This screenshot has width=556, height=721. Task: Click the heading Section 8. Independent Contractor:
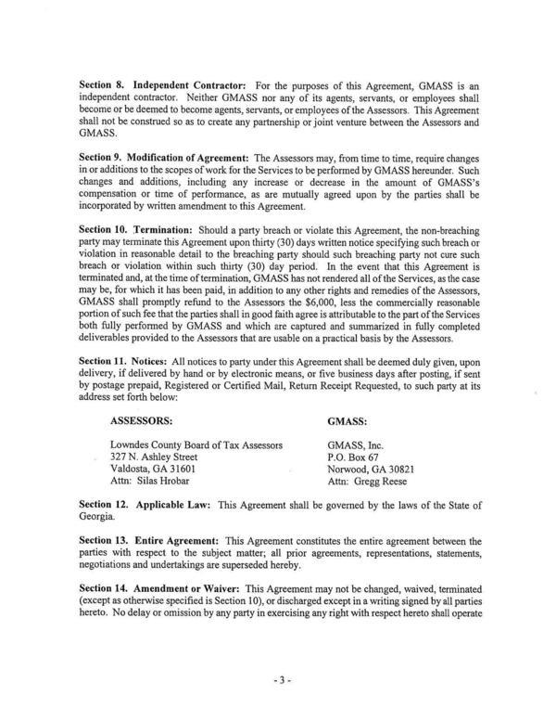[x=159, y=85]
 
